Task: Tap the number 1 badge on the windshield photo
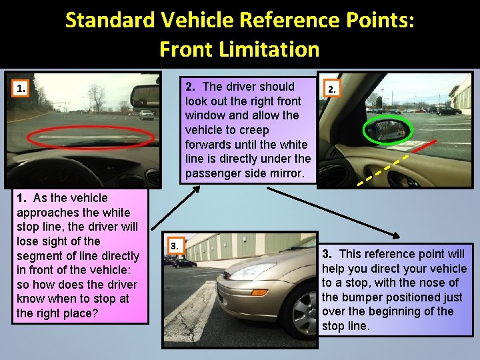click(21, 89)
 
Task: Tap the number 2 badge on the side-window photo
click(332, 89)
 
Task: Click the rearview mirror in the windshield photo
click(145, 95)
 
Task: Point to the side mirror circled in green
click(387, 130)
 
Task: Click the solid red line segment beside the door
click(424, 146)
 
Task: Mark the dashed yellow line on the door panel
click(383, 170)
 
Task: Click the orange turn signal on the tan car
click(259, 293)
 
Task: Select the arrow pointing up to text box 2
click(176, 207)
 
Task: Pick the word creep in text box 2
click(254, 130)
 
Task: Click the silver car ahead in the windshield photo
click(147, 115)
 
